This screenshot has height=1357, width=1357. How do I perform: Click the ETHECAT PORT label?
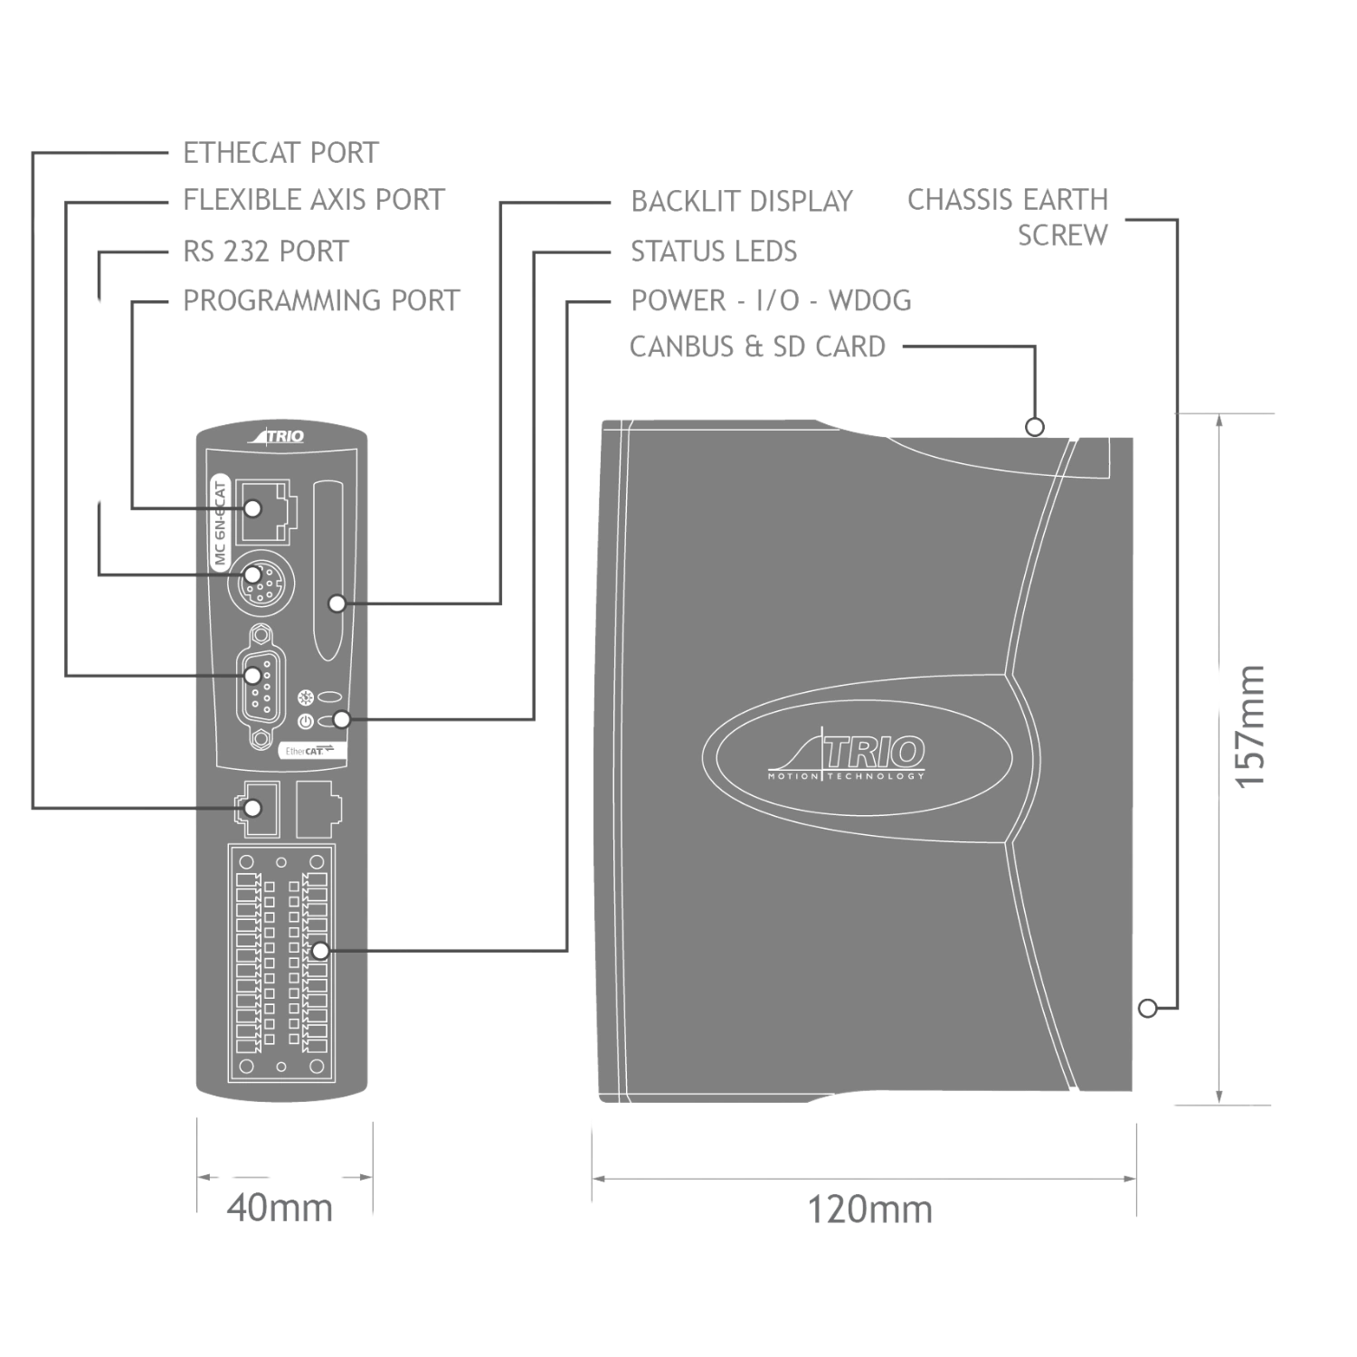(x=280, y=152)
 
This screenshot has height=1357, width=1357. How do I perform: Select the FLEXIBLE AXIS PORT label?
(x=314, y=199)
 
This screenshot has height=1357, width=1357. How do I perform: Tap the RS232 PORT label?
(x=266, y=251)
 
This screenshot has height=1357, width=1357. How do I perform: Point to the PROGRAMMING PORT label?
(x=321, y=299)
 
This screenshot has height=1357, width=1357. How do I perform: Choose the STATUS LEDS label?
(x=715, y=251)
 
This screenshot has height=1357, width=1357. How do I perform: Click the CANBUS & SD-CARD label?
(x=758, y=346)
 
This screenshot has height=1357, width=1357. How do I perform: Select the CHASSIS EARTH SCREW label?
(x=1011, y=216)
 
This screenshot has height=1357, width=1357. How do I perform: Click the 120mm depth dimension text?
(x=868, y=1209)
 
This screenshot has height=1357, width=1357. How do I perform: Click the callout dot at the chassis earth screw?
(x=1146, y=1007)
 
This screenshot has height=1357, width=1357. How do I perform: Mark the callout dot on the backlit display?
(x=337, y=603)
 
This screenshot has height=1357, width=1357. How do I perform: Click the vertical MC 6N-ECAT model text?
(x=220, y=522)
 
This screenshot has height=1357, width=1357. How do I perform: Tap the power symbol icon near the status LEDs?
(x=305, y=721)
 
